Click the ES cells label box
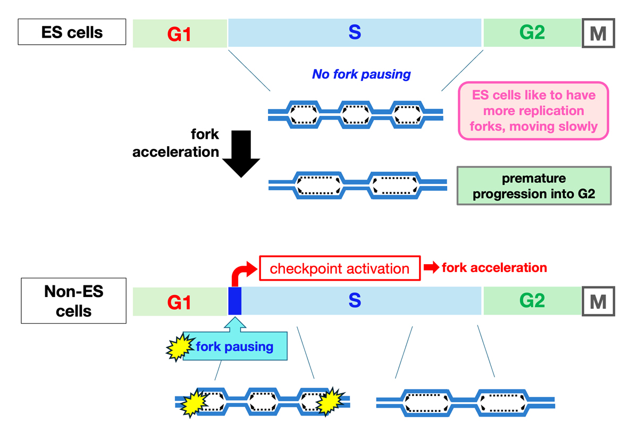pos(72,32)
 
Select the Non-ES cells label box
pos(74,301)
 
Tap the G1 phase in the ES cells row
pos(180,34)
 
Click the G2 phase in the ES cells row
pos(532,33)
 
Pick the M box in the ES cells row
pos(598,33)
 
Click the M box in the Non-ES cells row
pos(598,301)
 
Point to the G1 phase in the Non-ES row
pos(180,302)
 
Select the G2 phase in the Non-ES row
pos(532,301)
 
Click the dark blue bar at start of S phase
pos(234,301)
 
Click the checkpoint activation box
pos(340,268)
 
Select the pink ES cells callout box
pos(533,111)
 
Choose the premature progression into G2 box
pos(534,186)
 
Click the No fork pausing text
pos(362,74)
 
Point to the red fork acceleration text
pos(494,268)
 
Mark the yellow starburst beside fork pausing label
pos(179,348)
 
